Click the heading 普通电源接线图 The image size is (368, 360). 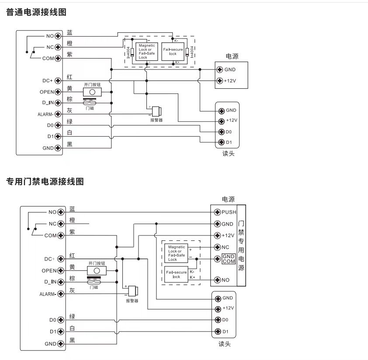coord(36,12)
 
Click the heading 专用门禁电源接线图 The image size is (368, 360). coord(45,181)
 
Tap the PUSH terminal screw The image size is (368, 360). coord(217,212)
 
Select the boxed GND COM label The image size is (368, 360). coord(229,259)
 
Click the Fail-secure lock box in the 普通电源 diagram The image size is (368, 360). coord(173,51)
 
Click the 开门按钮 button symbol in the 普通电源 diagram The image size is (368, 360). coord(92,92)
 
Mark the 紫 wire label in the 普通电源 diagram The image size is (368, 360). coord(69,55)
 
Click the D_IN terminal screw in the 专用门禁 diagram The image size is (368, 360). coord(61,282)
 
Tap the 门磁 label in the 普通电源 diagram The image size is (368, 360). coord(90,107)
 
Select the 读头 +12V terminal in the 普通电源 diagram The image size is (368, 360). coord(221,121)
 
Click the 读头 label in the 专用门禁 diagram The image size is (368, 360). coord(224,344)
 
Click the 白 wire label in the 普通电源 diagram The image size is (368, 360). coord(69,133)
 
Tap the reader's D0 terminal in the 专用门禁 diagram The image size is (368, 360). coord(218,320)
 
